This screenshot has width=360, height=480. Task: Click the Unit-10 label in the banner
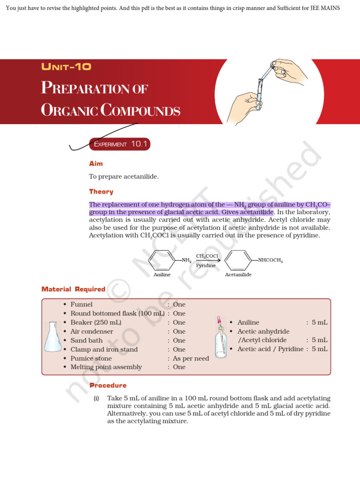point(66,67)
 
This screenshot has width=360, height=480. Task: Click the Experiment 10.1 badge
point(120,144)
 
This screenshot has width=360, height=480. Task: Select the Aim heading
point(96,164)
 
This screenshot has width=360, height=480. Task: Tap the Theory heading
point(101,191)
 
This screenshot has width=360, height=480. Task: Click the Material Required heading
point(73,289)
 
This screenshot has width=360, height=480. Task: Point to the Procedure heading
point(108,385)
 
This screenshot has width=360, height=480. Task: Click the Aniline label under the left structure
point(162,274)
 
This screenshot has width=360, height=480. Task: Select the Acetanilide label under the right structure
point(238,274)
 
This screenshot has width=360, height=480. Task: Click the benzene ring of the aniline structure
point(162,260)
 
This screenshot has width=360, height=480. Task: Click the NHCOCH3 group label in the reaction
point(270,260)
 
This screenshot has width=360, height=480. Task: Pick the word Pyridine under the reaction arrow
point(206,265)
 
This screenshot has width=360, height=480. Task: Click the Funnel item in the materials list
point(82,305)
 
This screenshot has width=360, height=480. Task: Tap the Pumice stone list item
point(91,358)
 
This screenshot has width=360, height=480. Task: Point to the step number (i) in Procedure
point(96,398)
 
